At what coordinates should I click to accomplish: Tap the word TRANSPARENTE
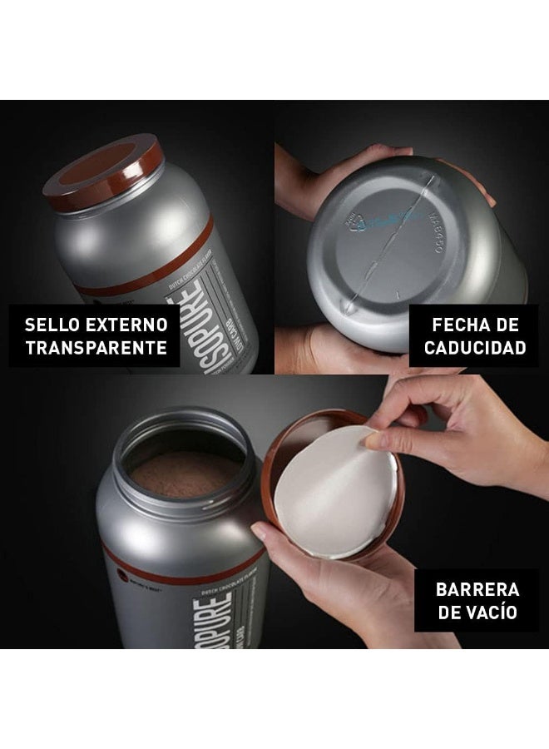click(x=96, y=347)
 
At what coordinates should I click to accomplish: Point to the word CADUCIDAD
click(x=475, y=347)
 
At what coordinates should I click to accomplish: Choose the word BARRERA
click(x=477, y=590)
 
